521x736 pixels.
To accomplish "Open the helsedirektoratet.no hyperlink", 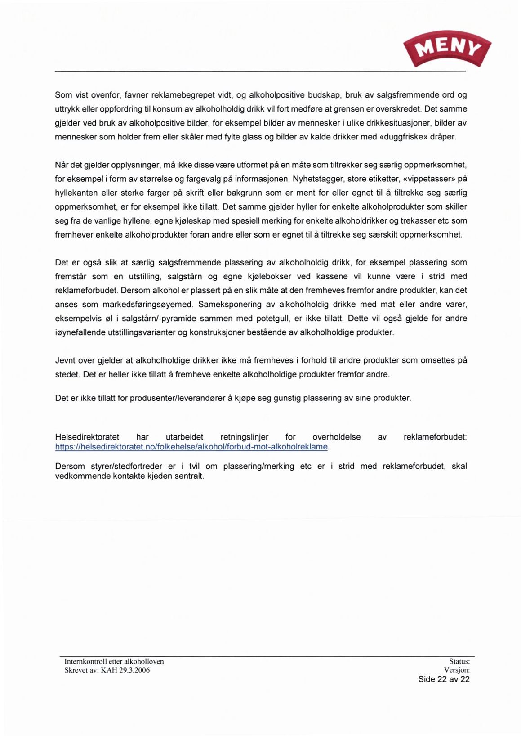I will click(191, 447).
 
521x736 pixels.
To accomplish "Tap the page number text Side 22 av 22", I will click(444, 679).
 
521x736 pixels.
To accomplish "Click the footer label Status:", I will click(459, 661).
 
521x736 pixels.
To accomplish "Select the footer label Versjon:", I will click(457, 670).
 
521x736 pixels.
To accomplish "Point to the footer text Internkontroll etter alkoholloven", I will click(114, 661).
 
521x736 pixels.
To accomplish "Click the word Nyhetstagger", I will click(316, 179).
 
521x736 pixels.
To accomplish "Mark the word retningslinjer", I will click(245, 437).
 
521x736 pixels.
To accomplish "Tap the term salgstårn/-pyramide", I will click(159, 319).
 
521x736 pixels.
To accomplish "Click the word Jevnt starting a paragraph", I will click(65, 360).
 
